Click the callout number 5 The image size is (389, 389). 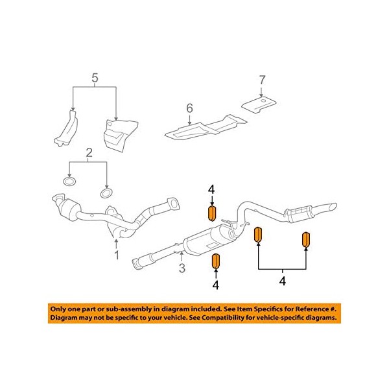point(95,78)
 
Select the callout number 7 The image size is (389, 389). point(262,80)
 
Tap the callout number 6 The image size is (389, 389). point(189,108)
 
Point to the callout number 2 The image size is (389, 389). point(89,153)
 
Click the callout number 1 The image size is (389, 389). point(116,255)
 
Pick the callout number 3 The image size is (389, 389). point(182,268)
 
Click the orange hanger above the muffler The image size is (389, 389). point(211,213)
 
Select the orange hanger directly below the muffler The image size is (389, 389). point(216,261)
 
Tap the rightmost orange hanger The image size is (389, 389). point(306,240)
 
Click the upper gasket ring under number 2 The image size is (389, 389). point(70,182)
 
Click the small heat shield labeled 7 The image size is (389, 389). point(259,105)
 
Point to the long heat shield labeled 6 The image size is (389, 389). point(206,127)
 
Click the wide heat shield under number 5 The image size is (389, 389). point(121,136)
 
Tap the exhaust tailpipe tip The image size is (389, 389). point(332,206)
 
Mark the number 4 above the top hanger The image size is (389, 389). point(211,189)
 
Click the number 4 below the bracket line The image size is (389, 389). point(283,281)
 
